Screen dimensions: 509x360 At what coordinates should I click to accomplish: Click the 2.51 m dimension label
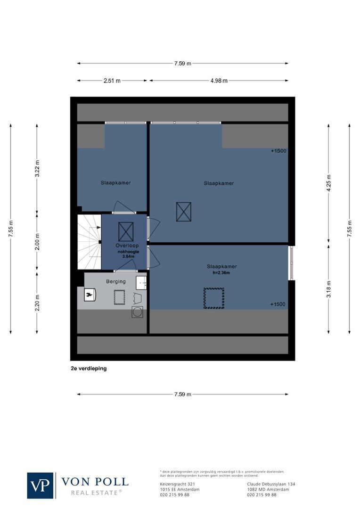point(112,81)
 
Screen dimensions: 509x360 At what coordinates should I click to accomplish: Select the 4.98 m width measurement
point(219,81)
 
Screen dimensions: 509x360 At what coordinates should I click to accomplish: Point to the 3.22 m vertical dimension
point(37,168)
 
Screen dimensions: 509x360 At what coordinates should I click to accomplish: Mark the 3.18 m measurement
point(329,288)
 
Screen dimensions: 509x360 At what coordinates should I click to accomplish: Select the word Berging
point(116,281)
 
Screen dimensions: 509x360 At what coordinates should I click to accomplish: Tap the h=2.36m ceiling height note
point(221,272)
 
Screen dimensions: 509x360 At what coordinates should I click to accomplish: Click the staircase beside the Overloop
point(89,241)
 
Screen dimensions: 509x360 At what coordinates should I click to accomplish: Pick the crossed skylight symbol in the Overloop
point(126,231)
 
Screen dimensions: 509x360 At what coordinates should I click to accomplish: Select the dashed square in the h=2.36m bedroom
point(213,298)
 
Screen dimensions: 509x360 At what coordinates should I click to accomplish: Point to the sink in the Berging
point(141,283)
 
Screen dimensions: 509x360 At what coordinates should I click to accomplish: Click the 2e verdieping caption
point(89,369)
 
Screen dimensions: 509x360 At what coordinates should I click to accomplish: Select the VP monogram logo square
point(40,485)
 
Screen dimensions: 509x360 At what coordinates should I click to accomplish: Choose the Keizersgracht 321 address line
point(178,484)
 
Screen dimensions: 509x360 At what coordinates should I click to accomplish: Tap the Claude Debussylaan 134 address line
point(271,484)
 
